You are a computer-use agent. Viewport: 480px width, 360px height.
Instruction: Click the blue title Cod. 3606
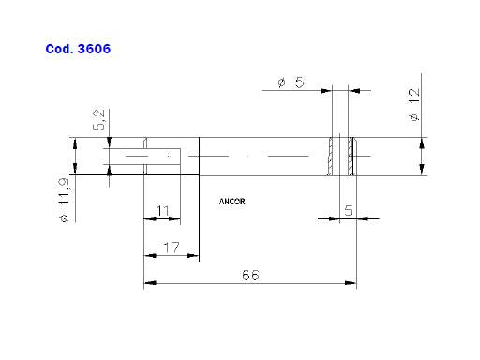(78, 49)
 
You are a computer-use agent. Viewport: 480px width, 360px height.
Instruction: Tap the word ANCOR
(232, 202)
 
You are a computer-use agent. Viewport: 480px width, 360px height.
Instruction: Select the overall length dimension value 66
(250, 275)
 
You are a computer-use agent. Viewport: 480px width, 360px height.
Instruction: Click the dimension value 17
(172, 247)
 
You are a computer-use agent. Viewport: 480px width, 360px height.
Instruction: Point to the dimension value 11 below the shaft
(163, 211)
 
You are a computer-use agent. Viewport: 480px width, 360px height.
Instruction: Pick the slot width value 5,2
(99, 120)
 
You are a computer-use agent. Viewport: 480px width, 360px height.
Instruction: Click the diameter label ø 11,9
(64, 200)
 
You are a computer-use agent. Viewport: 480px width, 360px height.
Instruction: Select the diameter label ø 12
(413, 105)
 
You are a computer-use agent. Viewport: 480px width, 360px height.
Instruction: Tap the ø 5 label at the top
(291, 82)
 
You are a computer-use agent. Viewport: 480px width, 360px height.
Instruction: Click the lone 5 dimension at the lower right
(348, 210)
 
